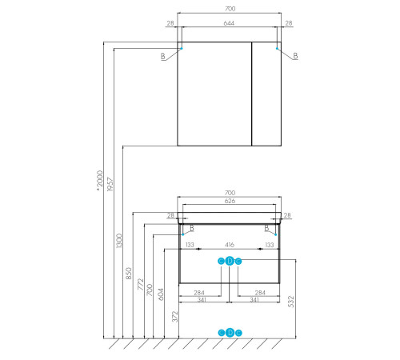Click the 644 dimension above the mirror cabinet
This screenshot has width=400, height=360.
click(x=230, y=24)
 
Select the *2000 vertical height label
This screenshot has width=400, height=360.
click(x=99, y=182)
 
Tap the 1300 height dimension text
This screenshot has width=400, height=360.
click(x=119, y=238)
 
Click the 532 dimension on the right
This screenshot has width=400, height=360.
click(x=291, y=301)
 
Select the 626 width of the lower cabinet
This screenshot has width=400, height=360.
click(x=230, y=202)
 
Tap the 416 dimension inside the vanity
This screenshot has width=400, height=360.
click(x=230, y=245)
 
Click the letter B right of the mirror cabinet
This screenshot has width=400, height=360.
click(x=295, y=55)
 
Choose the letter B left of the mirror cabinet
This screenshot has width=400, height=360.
click(x=163, y=55)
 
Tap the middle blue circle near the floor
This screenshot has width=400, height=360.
click(x=230, y=333)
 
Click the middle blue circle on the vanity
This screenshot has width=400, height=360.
click(x=230, y=261)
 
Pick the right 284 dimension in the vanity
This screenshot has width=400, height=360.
click(x=258, y=292)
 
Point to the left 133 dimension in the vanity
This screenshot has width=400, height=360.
click(x=190, y=245)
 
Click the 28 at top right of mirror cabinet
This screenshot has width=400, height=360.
click(x=289, y=24)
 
